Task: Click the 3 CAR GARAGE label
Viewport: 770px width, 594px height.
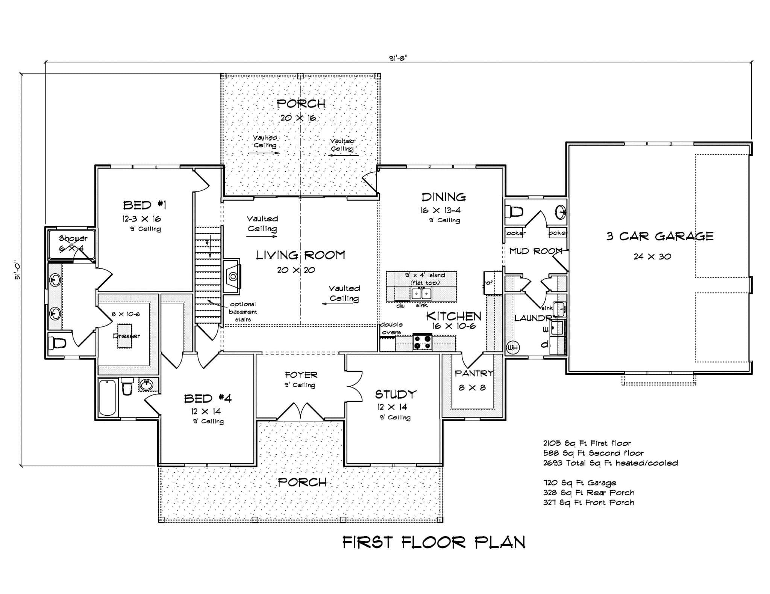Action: (x=659, y=237)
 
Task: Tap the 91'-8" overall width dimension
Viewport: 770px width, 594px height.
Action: (x=398, y=58)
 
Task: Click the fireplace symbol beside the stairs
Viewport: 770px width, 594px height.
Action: (x=232, y=276)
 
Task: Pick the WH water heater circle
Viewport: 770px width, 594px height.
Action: (x=512, y=348)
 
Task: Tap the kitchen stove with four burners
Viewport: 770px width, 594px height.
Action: (x=422, y=341)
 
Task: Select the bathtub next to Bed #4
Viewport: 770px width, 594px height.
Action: (x=108, y=398)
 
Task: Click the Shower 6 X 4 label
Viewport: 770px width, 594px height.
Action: (x=73, y=243)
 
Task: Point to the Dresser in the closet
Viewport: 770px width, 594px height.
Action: (x=126, y=335)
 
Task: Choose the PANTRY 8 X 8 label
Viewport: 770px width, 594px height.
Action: (x=473, y=380)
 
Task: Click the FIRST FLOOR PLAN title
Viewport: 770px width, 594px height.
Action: (x=434, y=542)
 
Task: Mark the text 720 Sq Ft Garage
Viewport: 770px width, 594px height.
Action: (x=579, y=483)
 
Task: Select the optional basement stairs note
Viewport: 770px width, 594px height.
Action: (x=243, y=312)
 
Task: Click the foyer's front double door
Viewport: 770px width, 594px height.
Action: (x=300, y=412)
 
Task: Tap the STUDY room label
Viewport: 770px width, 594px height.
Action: (x=396, y=394)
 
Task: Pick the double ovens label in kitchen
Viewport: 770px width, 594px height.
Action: (x=391, y=328)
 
